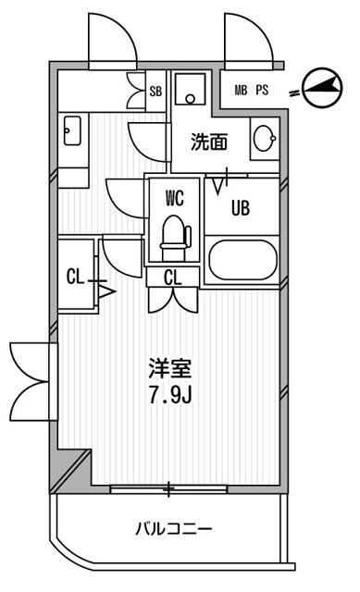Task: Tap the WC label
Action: (174, 197)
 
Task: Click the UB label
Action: (240, 208)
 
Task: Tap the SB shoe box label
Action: (156, 92)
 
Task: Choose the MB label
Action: (241, 90)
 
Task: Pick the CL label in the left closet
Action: (76, 276)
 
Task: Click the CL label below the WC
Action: (172, 277)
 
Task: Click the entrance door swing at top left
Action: (109, 41)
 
